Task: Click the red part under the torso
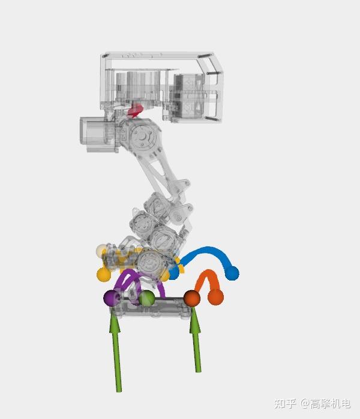tap(136, 111)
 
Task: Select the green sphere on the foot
tap(146, 298)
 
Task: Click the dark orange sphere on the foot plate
tap(192, 298)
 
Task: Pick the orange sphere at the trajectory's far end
tap(215, 297)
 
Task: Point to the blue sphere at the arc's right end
tap(232, 273)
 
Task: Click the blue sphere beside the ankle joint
tap(173, 273)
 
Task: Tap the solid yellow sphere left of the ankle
tap(104, 274)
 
